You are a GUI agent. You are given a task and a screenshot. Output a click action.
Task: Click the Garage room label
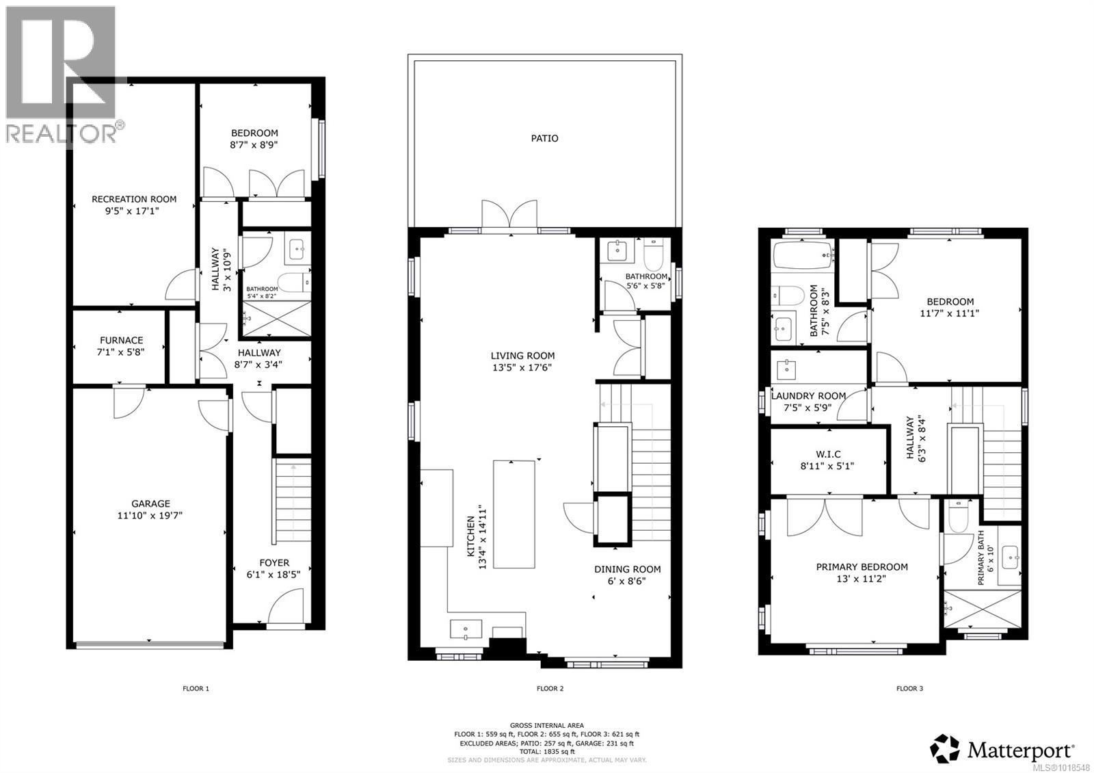(150, 503)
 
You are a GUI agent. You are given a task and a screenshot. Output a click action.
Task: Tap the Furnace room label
(122, 340)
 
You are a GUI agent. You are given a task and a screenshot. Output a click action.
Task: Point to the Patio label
(544, 138)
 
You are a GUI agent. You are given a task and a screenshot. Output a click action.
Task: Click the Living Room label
(522, 355)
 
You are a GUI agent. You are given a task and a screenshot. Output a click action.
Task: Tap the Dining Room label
(627, 568)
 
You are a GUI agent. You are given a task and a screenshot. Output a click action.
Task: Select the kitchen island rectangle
(514, 514)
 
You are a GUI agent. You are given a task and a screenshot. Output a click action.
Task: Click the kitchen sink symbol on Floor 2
(466, 629)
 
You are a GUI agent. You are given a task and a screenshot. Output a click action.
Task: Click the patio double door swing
(509, 213)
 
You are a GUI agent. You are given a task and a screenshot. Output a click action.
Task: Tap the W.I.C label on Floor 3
(827, 454)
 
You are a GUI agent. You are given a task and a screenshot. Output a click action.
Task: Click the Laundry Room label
(808, 395)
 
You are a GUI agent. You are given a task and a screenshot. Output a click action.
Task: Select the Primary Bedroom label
(862, 566)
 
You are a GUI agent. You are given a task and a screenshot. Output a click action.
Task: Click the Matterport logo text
(1020, 750)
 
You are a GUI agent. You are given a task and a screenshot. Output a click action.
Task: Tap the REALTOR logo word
(60, 133)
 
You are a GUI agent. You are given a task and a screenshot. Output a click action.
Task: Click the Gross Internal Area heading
(546, 725)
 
